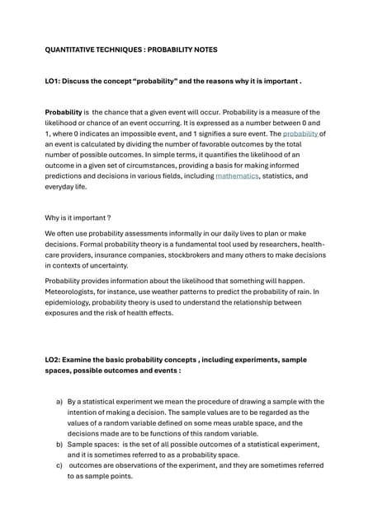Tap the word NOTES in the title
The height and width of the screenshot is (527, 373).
(205, 49)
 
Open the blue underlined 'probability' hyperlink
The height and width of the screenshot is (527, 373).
(300, 133)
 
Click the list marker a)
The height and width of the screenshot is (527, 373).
(59, 402)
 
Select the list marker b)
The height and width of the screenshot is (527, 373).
(59, 445)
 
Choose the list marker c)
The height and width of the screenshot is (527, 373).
(59, 466)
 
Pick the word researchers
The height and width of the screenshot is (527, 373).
(270, 245)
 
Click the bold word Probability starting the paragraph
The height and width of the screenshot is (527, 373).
(64, 112)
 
